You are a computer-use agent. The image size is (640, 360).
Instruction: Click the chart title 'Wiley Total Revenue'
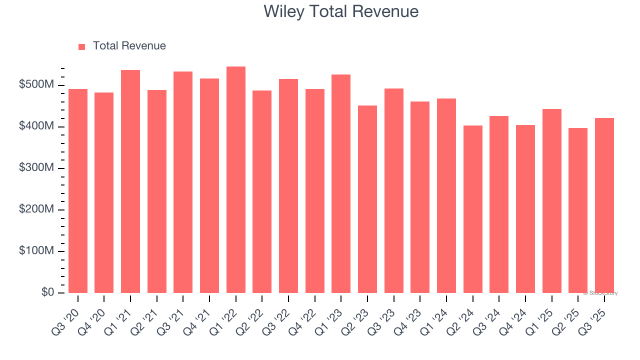pyautogui.click(x=341, y=11)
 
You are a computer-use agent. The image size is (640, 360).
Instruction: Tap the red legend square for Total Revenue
pyautogui.click(x=82, y=46)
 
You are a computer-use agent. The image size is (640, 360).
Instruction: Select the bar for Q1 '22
pyautogui.click(x=235, y=180)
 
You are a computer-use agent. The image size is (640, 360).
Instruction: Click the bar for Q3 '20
pyautogui.click(x=78, y=191)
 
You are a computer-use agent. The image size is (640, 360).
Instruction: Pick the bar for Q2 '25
pyautogui.click(x=578, y=210)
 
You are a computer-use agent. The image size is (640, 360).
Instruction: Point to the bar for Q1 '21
pyautogui.click(x=130, y=181)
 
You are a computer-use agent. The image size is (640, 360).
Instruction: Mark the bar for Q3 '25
pyautogui.click(x=604, y=205)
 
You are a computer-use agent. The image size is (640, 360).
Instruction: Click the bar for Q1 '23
pyautogui.click(x=341, y=183)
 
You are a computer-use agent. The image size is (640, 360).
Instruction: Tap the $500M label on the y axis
pyautogui.click(x=36, y=85)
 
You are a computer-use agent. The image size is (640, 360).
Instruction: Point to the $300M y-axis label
pyautogui.click(x=36, y=168)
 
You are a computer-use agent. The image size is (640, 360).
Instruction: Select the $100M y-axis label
pyautogui.click(x=36, y=250)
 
